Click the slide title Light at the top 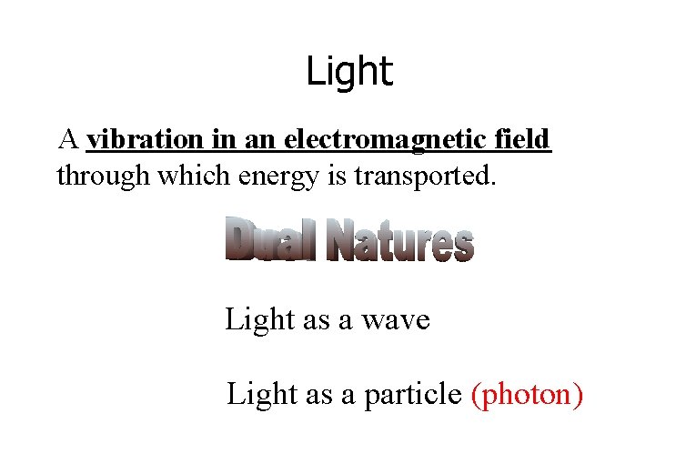click(348, 71)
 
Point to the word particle click(413, 395)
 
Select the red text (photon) click(527, 395)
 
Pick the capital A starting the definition click(67, 140)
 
